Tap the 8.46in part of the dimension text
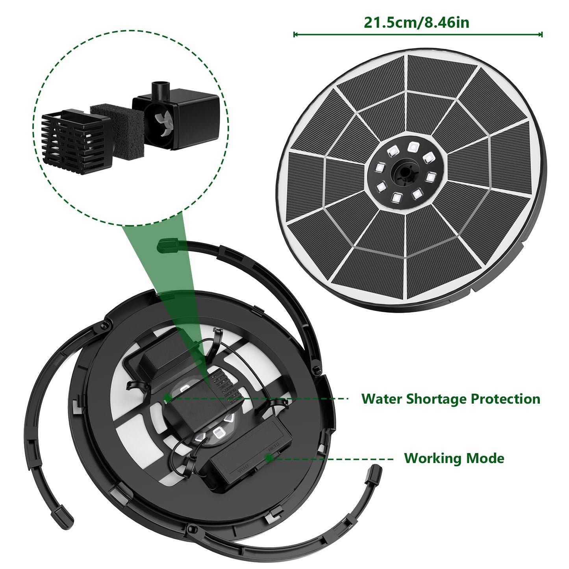click(444, 22)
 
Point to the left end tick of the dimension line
click(294, 35)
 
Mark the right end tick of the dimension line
click(542, 35)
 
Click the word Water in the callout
click(382, 399)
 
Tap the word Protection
click(506, 399)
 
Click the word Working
click(433, 459)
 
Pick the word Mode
click(485, 458)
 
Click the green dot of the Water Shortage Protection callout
click(167, 398)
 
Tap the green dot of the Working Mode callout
click(269, 458)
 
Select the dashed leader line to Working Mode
click(332, 459)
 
